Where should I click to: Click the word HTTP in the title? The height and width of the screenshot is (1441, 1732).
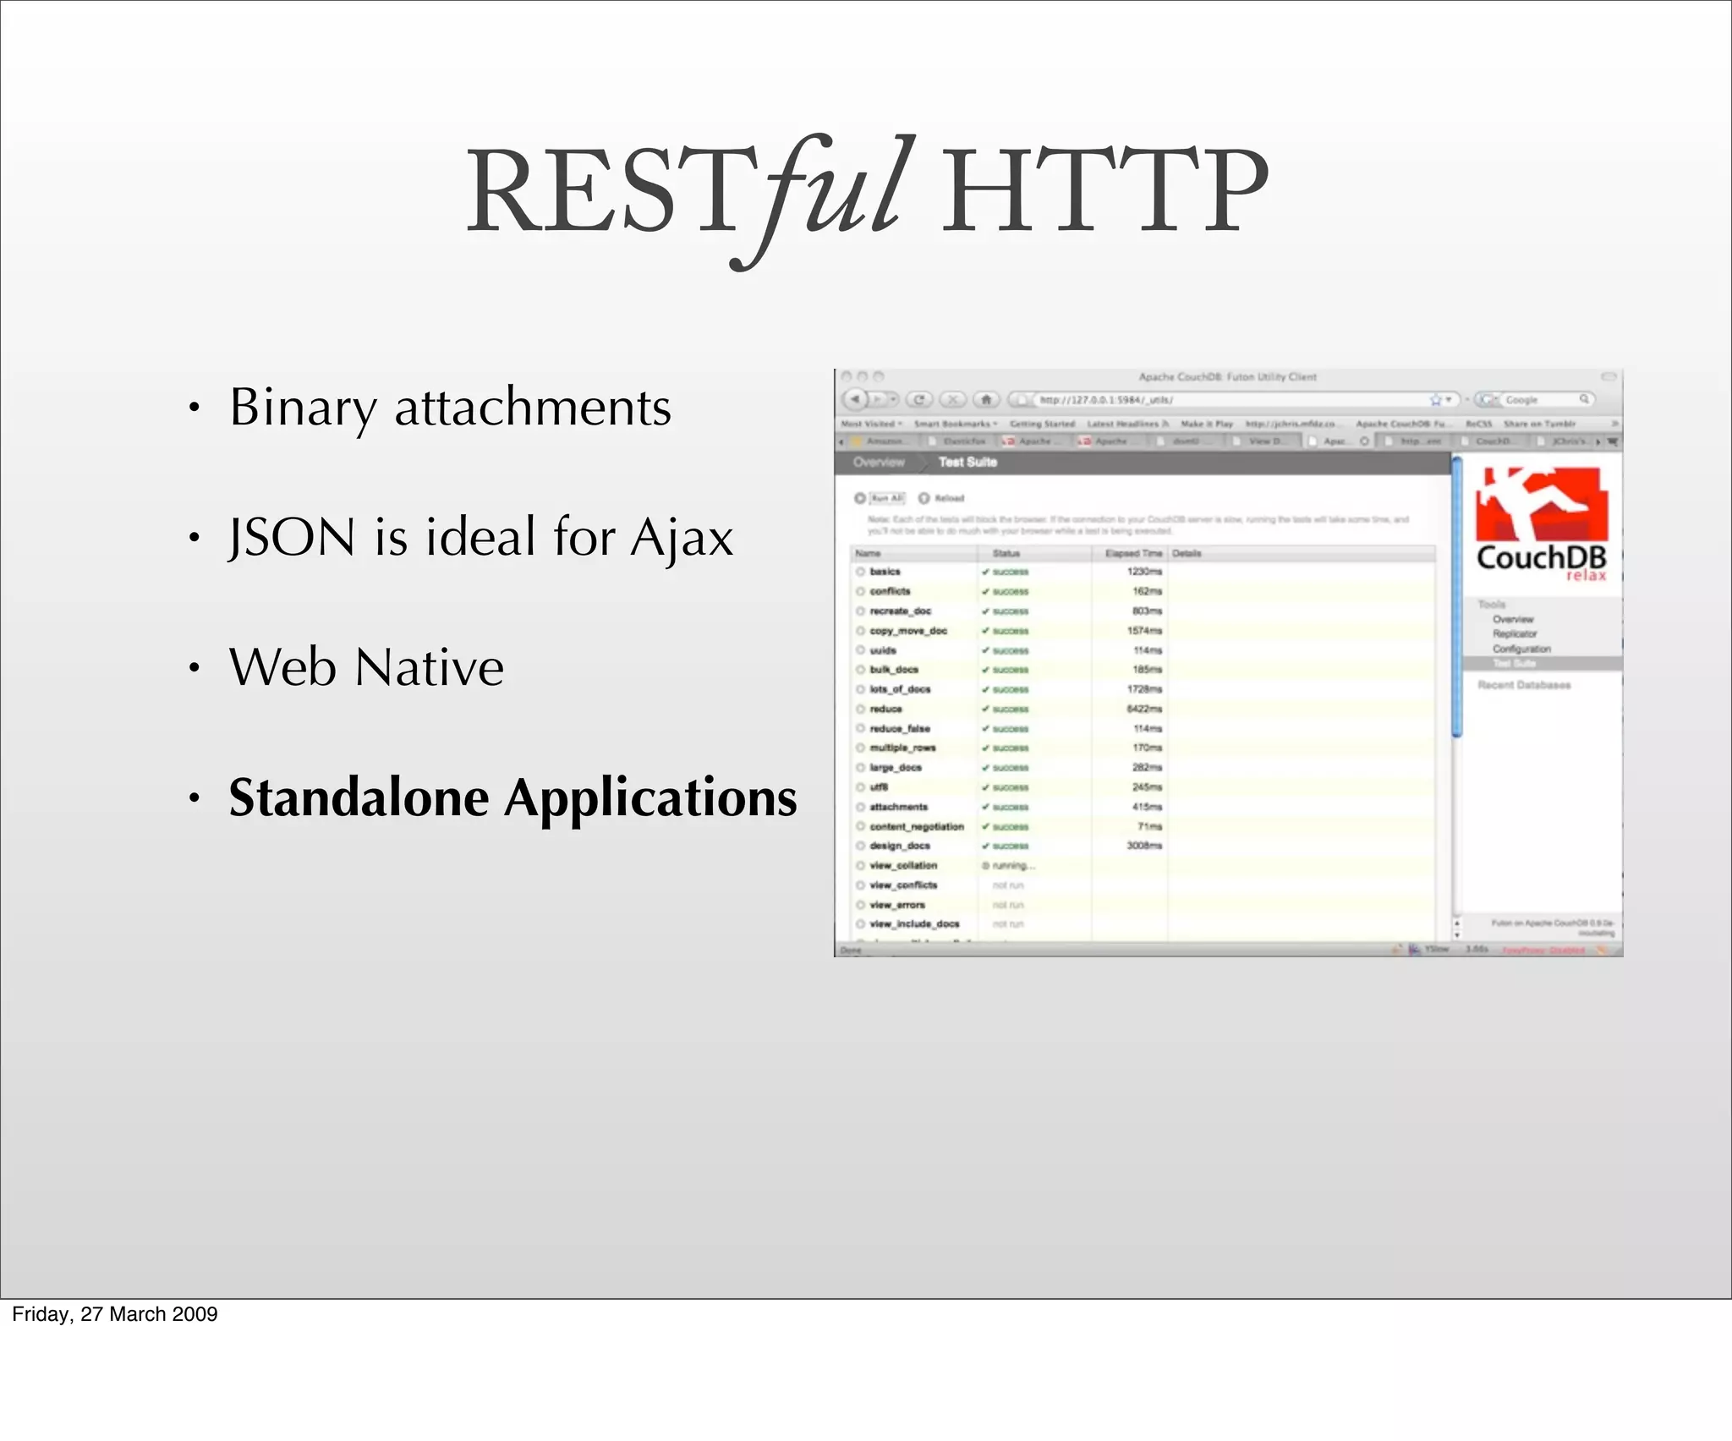pos(1104,193)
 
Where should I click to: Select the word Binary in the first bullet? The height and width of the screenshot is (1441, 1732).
pos(303,408)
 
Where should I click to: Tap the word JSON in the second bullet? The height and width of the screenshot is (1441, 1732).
pos(293,538)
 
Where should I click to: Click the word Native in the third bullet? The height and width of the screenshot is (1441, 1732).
pos(430,668)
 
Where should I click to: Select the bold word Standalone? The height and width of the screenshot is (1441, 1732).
pos(359,797)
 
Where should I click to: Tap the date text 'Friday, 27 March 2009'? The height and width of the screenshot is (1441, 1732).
pos(115,1314)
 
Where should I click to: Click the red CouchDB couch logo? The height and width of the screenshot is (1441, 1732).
pos(1541,505)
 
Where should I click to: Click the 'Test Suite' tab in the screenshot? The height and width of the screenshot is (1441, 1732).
pos(967,462)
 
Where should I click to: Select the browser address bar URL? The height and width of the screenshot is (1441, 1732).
pos(1105,400)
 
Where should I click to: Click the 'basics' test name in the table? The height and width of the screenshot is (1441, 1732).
pos(885,572)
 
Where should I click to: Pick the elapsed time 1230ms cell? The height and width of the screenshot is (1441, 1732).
pos(1144,572)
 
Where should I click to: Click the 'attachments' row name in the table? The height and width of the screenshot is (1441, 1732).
pos(898,807)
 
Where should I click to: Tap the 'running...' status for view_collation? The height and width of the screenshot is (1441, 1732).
pos(1012,866)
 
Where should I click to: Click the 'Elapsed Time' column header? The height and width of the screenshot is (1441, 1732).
pos(1133,554)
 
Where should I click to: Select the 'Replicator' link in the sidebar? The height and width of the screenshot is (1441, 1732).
pos(1514,633)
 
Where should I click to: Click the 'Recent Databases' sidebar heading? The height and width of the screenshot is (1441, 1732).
pos(1524,685)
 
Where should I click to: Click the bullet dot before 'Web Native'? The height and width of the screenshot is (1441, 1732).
pos(195,669)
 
